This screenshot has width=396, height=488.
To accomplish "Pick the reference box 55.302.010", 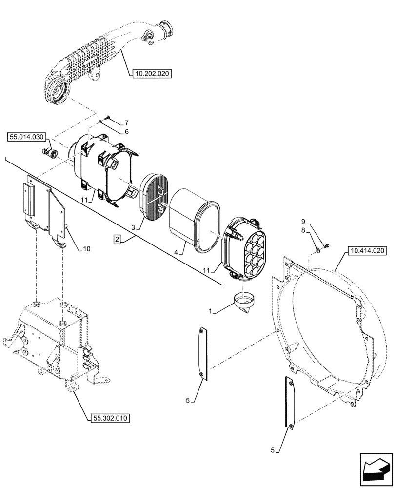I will click(110, 418).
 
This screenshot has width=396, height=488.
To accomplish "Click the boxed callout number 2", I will click(117, 239).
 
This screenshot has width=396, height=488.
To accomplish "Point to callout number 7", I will click(126, 122).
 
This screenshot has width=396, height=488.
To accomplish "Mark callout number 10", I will click(86, 249).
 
